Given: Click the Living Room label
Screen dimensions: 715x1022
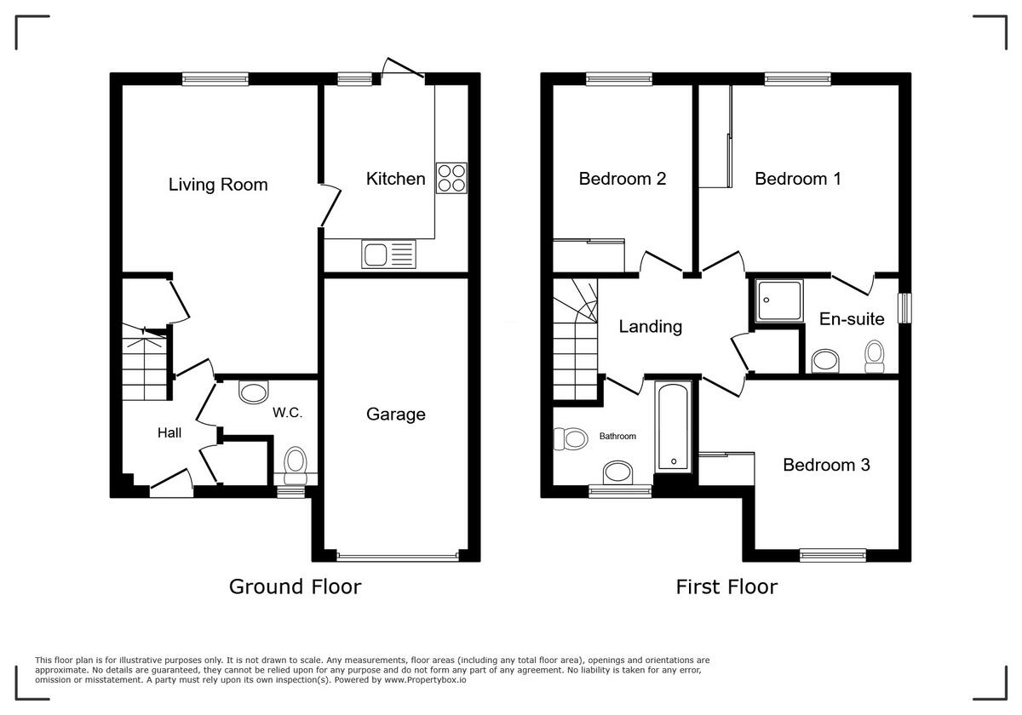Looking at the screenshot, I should coord(218,185).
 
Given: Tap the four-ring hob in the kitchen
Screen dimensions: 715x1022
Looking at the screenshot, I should coord(451,178).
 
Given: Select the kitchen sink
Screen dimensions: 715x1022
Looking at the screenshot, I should coord(388,254).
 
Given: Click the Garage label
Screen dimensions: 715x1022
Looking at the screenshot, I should coord(395,415).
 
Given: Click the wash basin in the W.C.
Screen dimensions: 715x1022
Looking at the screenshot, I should coord(253,392).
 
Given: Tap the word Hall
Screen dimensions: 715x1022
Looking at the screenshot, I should coord(169,433).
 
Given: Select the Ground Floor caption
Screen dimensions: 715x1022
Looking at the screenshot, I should coord(295,586).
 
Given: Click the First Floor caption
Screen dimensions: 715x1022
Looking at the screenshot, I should coord(726,586).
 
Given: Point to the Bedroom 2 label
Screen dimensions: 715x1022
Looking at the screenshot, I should coord(622,179).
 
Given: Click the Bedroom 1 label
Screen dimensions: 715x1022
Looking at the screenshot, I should coord(797,179).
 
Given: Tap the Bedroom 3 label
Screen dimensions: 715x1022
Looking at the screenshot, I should coord(826,465).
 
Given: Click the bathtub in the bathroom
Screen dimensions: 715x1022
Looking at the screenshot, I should coord(673,427).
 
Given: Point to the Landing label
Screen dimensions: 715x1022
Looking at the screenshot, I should coord(650,326).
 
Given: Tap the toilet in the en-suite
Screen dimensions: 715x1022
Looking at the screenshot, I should coord(874,356).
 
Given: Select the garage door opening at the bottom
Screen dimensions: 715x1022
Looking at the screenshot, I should coord(396,558).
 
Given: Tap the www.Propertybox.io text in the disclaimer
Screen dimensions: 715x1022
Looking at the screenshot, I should coord(424,680).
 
